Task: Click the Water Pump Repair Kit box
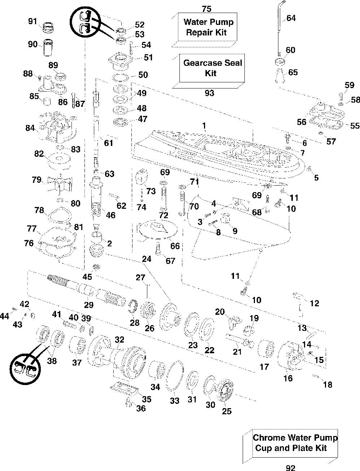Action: point(207,27)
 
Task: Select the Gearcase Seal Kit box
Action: point(212,68)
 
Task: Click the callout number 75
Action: point(207,9)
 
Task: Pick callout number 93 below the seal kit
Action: point(209,93)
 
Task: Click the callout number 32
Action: point(120,339)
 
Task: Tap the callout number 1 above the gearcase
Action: point(204,126)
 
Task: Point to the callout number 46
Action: point(110,215)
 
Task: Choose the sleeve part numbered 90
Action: point(48,47)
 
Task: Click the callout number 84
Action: point(30,128)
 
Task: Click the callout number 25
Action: point(227,411)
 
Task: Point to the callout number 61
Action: point(108,143)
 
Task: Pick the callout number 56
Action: point(302,122)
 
